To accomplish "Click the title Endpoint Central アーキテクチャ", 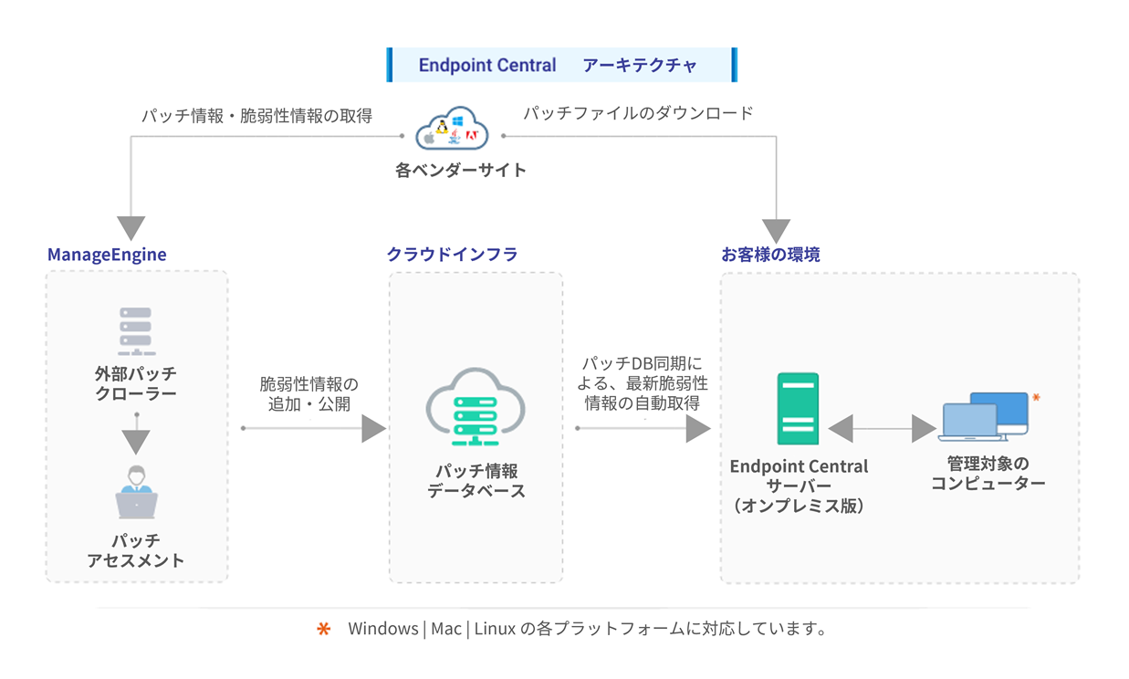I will [x=560, y=66].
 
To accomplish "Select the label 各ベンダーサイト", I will [x=460, y=170].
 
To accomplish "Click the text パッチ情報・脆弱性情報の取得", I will [x=256, y=116].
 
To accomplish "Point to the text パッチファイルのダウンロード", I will [x=638, y=113].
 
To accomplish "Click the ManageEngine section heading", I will [x=107, y=255].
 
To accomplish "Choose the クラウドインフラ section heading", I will [x=452, y=255].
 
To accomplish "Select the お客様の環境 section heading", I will [x=770, y=255].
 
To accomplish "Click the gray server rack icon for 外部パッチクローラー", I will [x=136, y=331].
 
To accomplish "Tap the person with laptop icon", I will [x=136, y=493].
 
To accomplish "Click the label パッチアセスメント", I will [x=136, y=550].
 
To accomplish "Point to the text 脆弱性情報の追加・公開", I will [x=309, y=393].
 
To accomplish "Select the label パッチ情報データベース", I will [x=476, y=481].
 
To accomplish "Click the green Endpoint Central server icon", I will [x=798, y=408].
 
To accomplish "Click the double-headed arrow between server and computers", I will [x=882, y=429].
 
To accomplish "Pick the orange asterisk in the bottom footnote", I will [x=323, y=630].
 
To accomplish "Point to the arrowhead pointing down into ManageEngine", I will [x=131, y=228].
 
